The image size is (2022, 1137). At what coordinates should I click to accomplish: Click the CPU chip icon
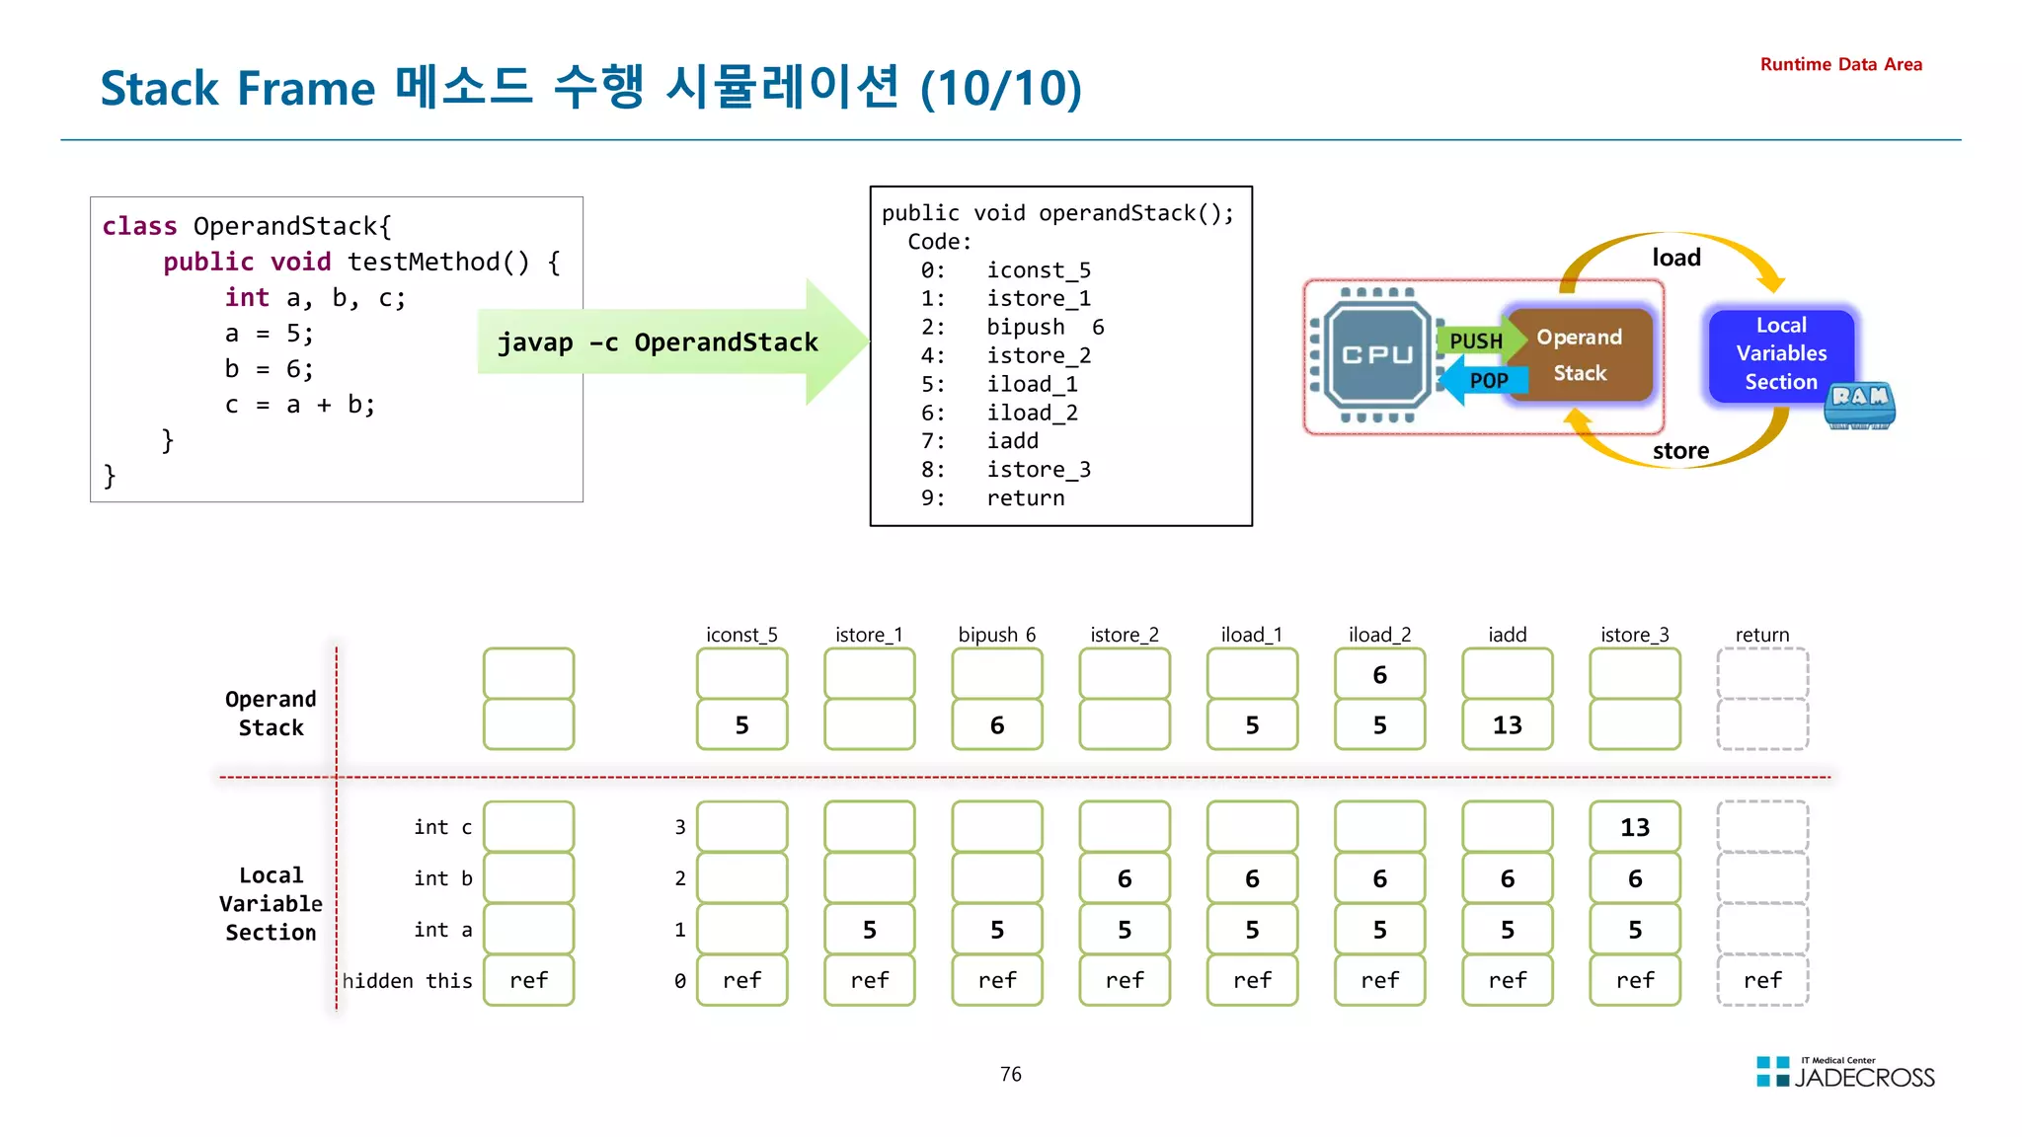[1376, 355]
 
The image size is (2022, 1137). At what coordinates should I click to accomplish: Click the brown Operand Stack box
[1580, 355]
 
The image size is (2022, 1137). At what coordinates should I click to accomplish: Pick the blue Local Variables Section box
[1780, 353]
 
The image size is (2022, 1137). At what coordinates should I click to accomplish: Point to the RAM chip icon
[1859, 405]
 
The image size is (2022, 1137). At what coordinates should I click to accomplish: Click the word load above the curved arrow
[1676, 258]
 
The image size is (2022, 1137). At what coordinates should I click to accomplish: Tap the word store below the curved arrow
[1680, 451]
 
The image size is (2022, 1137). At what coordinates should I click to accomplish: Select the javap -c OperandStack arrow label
[658, 342]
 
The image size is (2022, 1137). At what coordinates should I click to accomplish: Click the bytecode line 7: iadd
[979, 441]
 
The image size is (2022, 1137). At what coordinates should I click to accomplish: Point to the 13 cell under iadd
[1507, 725]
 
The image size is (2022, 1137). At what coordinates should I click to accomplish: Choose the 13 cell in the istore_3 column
[1634, 827]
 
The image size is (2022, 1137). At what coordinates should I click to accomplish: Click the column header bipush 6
[996, 635]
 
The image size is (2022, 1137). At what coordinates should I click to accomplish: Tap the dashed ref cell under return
[1762, 980]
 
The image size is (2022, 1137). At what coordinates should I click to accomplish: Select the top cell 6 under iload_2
[1379, 675]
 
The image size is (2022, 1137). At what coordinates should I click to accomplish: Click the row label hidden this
[407, 981]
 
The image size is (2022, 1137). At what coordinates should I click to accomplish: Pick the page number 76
[1010, 1074]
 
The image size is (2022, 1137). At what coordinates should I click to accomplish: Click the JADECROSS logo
[1845, 1074]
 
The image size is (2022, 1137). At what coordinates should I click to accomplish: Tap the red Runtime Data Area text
[1840, 64]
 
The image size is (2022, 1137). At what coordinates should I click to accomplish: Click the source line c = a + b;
[299, 405]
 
